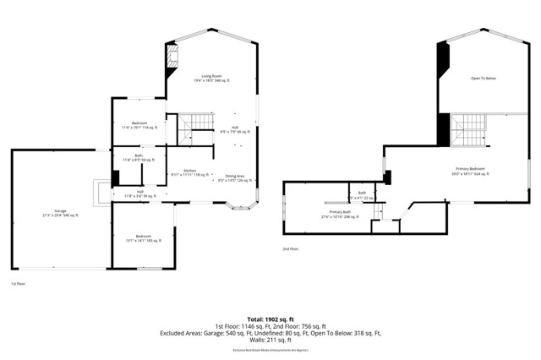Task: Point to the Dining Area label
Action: (236, 177)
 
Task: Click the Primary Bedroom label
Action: (471, 171)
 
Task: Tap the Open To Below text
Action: (484, 78)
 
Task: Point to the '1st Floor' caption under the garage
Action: (18, 285)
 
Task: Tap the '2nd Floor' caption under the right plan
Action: (292, 248)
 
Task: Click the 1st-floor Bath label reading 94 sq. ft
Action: (138, 157)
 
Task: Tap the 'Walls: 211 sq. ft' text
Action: (270, 341)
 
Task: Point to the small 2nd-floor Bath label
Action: (361, 195)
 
